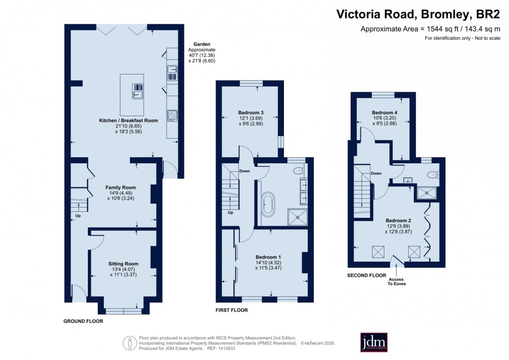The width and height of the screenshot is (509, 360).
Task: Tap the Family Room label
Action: pos(121,188)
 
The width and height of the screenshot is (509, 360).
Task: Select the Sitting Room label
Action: pos(123,264)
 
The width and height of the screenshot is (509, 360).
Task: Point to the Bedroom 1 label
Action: pos(268,257)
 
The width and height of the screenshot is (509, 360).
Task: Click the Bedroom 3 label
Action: pos(251,113)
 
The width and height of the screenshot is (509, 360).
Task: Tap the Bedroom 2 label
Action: pos(398,220)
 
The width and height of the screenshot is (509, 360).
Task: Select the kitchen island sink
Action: pos(137,91)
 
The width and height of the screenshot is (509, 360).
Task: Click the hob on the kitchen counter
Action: pos(172,115)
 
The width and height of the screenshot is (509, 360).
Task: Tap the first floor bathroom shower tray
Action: pos(298,216)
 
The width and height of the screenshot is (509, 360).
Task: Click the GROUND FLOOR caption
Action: pos(83,321)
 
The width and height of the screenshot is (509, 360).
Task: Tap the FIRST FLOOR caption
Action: pos(232,310)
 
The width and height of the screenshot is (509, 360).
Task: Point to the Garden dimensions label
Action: pos(202,55)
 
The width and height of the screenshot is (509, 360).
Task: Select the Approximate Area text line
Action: pos(430,29)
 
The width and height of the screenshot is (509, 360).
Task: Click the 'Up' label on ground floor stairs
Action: pos(77,216)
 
